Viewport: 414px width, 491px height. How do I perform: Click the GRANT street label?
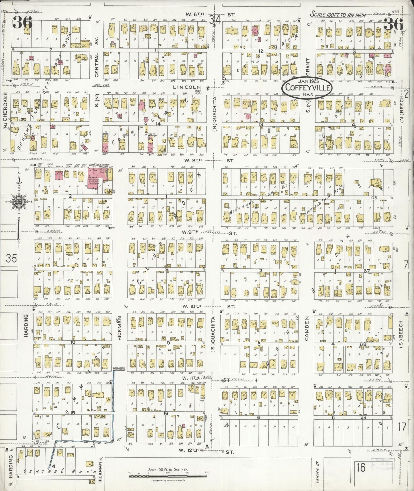(x=308, y=66)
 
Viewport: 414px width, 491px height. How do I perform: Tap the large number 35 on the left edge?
(x=11, y=258)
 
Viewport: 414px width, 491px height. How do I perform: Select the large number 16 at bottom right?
(x=361, y=468)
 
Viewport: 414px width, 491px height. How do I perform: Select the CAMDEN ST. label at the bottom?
(x=317, y=474)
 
